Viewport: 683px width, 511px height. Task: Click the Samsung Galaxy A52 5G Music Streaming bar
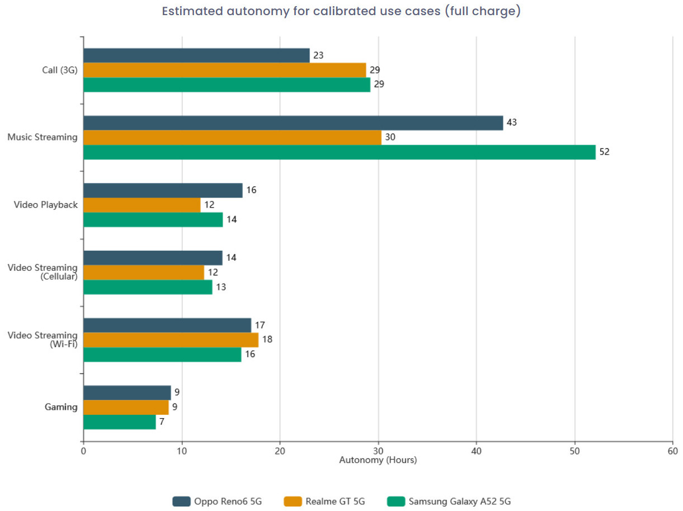point(340,152)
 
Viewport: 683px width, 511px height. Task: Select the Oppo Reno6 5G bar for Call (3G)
point(196,55)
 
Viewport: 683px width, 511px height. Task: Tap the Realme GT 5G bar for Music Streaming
point(232,138)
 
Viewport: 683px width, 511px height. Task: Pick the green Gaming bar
point(120,421)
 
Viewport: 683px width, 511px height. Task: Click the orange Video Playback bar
point(142,205)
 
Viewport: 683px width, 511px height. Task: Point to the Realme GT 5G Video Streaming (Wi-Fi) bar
point(171,340)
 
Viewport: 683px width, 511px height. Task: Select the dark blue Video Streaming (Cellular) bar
point(153,258)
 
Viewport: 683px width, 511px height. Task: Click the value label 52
point(604,152)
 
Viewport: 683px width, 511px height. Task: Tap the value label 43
point(512,123)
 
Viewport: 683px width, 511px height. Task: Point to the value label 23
point(319,55)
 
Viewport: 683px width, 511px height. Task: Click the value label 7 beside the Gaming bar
point(162,421)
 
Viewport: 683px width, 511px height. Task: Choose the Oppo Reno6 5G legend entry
point(218,501)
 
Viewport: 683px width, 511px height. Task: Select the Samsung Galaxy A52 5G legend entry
point(449,501)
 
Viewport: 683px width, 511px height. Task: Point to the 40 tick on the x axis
point(477,451)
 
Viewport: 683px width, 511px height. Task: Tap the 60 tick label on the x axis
point(672,451)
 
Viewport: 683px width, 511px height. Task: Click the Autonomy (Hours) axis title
point(378,460)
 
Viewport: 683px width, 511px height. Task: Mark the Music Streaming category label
point(43,137)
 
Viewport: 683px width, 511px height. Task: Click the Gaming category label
point(61,407)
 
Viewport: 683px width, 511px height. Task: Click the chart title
point(341,11)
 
